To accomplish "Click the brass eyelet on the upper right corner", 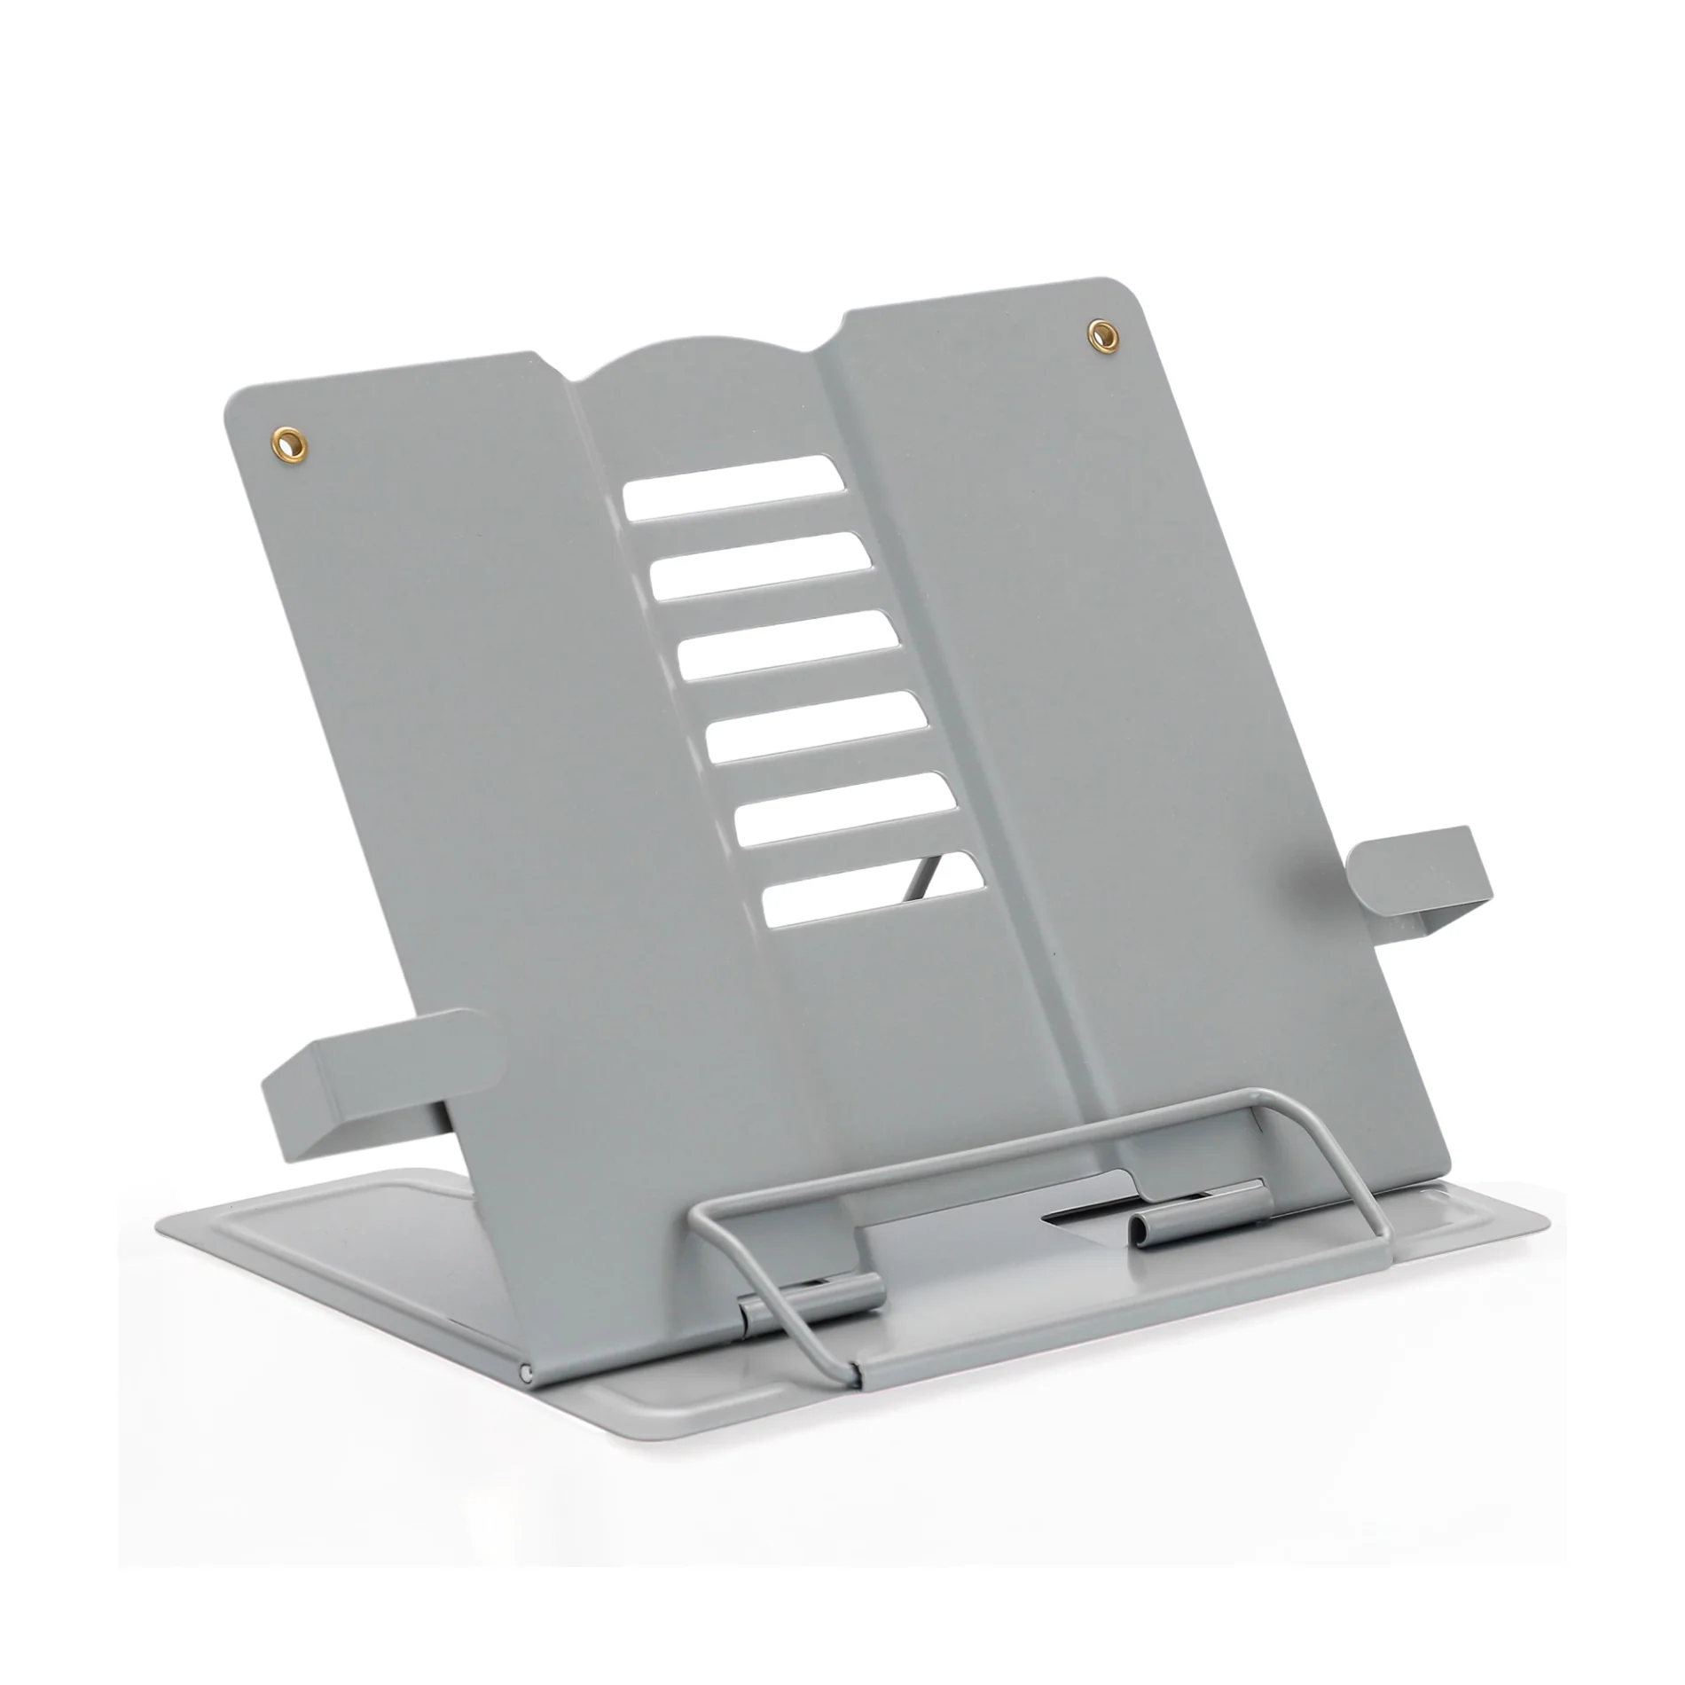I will [1102, 333].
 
